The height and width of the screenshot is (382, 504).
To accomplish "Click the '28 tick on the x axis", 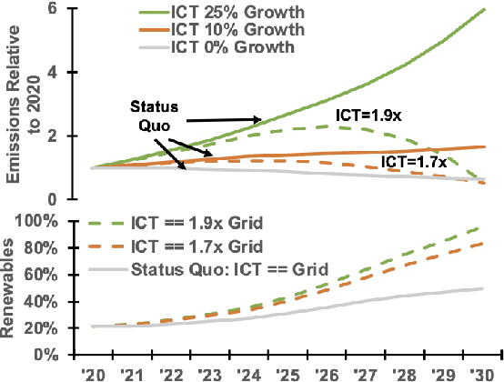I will [x=408, y=372].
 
